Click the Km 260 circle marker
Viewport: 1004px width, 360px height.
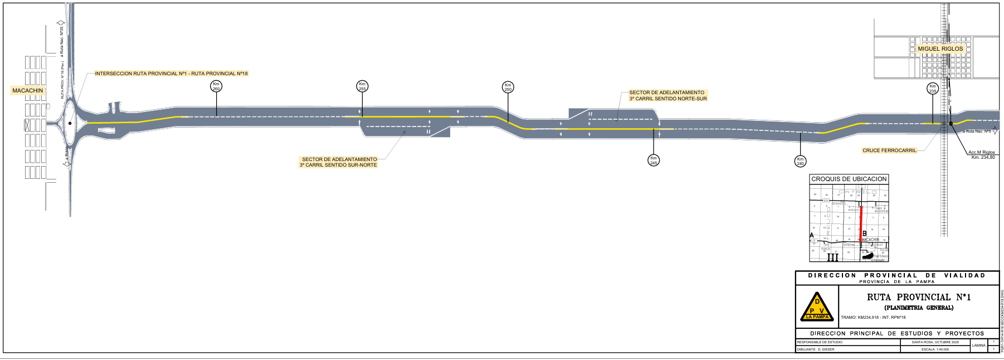pyautogui.click(x=216, y=86)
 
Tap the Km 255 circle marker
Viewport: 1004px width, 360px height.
pyautogui.click(x=362, y=86)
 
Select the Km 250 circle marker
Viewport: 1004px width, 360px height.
pyautogui.click(x=508, y=87)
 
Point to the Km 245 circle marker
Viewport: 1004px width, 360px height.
pyautogui.click(x=654, y=160)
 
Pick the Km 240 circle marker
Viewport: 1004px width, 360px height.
pyautogui.click(x=800, y=161)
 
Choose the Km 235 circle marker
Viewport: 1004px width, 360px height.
pyautogui.click(x=933, y=89)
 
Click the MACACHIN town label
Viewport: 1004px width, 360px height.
pyautogui.click(x=27, y=90)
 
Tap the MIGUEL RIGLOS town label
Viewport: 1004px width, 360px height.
pyautogui.click(x=940, y=48)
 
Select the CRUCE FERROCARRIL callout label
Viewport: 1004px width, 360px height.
pyautogui.click(x=889, y=150)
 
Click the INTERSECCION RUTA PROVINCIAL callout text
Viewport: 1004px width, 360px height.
pyautogui.click(x=171, y=74)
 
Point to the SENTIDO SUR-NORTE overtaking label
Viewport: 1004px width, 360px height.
pyautogui.click(x=338, y=162)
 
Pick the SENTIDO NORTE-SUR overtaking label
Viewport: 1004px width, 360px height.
pyautogui.click(x=667, y=95)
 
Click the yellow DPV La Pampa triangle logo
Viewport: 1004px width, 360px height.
pyautogui.click(x=817, y=307)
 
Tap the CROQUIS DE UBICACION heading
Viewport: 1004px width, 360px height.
pyautogui.click(x=849, y=179)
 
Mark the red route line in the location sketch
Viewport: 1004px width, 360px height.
pyautogui.click(x=861, y=223)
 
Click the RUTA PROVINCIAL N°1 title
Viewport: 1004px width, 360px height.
pyautogui.click(x=918, y=297)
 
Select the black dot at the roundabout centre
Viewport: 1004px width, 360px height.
pyautogui.click(x=70, y=123)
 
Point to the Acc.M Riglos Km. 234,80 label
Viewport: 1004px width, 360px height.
pyautogui.click(x=982, y=155)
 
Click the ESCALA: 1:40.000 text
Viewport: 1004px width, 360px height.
pyautogui.click(x=935, y=349)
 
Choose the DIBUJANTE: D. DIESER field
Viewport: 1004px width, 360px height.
pyautogui.click(x=816, y=349)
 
